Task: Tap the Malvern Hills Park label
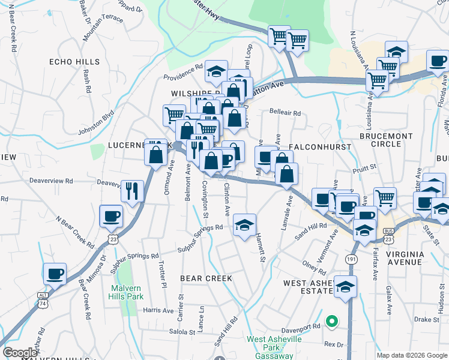(x=127, y=292)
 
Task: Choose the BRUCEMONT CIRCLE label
(x=387, y=140)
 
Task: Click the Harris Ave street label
(x=158, y=310)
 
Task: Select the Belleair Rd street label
(x=285, y=112)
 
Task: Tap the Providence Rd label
(x=183, y=73)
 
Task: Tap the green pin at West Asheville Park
(x=332, y=321)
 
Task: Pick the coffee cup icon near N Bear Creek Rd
(x=112, y=216)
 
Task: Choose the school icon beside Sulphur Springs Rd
(x=244, y=226)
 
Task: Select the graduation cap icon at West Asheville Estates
(x=345, y=287)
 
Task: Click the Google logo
(x=20, y=353)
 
